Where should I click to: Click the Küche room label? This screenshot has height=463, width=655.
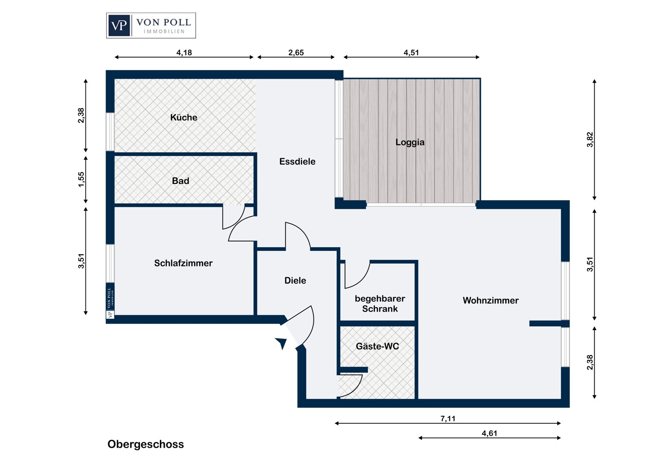tap(184, 117)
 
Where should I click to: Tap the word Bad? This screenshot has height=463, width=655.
tap(180, 181)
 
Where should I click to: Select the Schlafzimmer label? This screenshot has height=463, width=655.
tap(183, 263)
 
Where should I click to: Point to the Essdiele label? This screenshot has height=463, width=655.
tap(297, 162)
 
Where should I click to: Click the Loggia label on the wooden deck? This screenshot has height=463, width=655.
tap(410, 142)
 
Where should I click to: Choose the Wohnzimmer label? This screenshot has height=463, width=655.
tap(490, 301)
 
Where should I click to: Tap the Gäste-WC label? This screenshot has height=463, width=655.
tap(377, 346)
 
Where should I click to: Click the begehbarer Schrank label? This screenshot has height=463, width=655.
tap(380, 304)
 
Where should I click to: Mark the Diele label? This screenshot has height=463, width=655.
tap(295, 280)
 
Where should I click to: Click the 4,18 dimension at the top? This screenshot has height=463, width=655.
tap(184, 52)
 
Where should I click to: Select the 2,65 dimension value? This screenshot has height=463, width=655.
tap(296, 52)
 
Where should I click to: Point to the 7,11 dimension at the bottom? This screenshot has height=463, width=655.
tap(448, 418)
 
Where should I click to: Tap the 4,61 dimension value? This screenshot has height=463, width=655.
tap(490, 433)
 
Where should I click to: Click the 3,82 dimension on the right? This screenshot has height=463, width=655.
tap(590, 140)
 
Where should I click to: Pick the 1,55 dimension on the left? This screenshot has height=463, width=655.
tap(81, 180)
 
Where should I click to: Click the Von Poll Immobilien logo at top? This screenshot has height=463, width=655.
tap(151, 25)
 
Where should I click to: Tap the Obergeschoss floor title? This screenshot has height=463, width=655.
tap(146, 444)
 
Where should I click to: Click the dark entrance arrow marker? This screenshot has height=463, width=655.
tap(281, 343)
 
